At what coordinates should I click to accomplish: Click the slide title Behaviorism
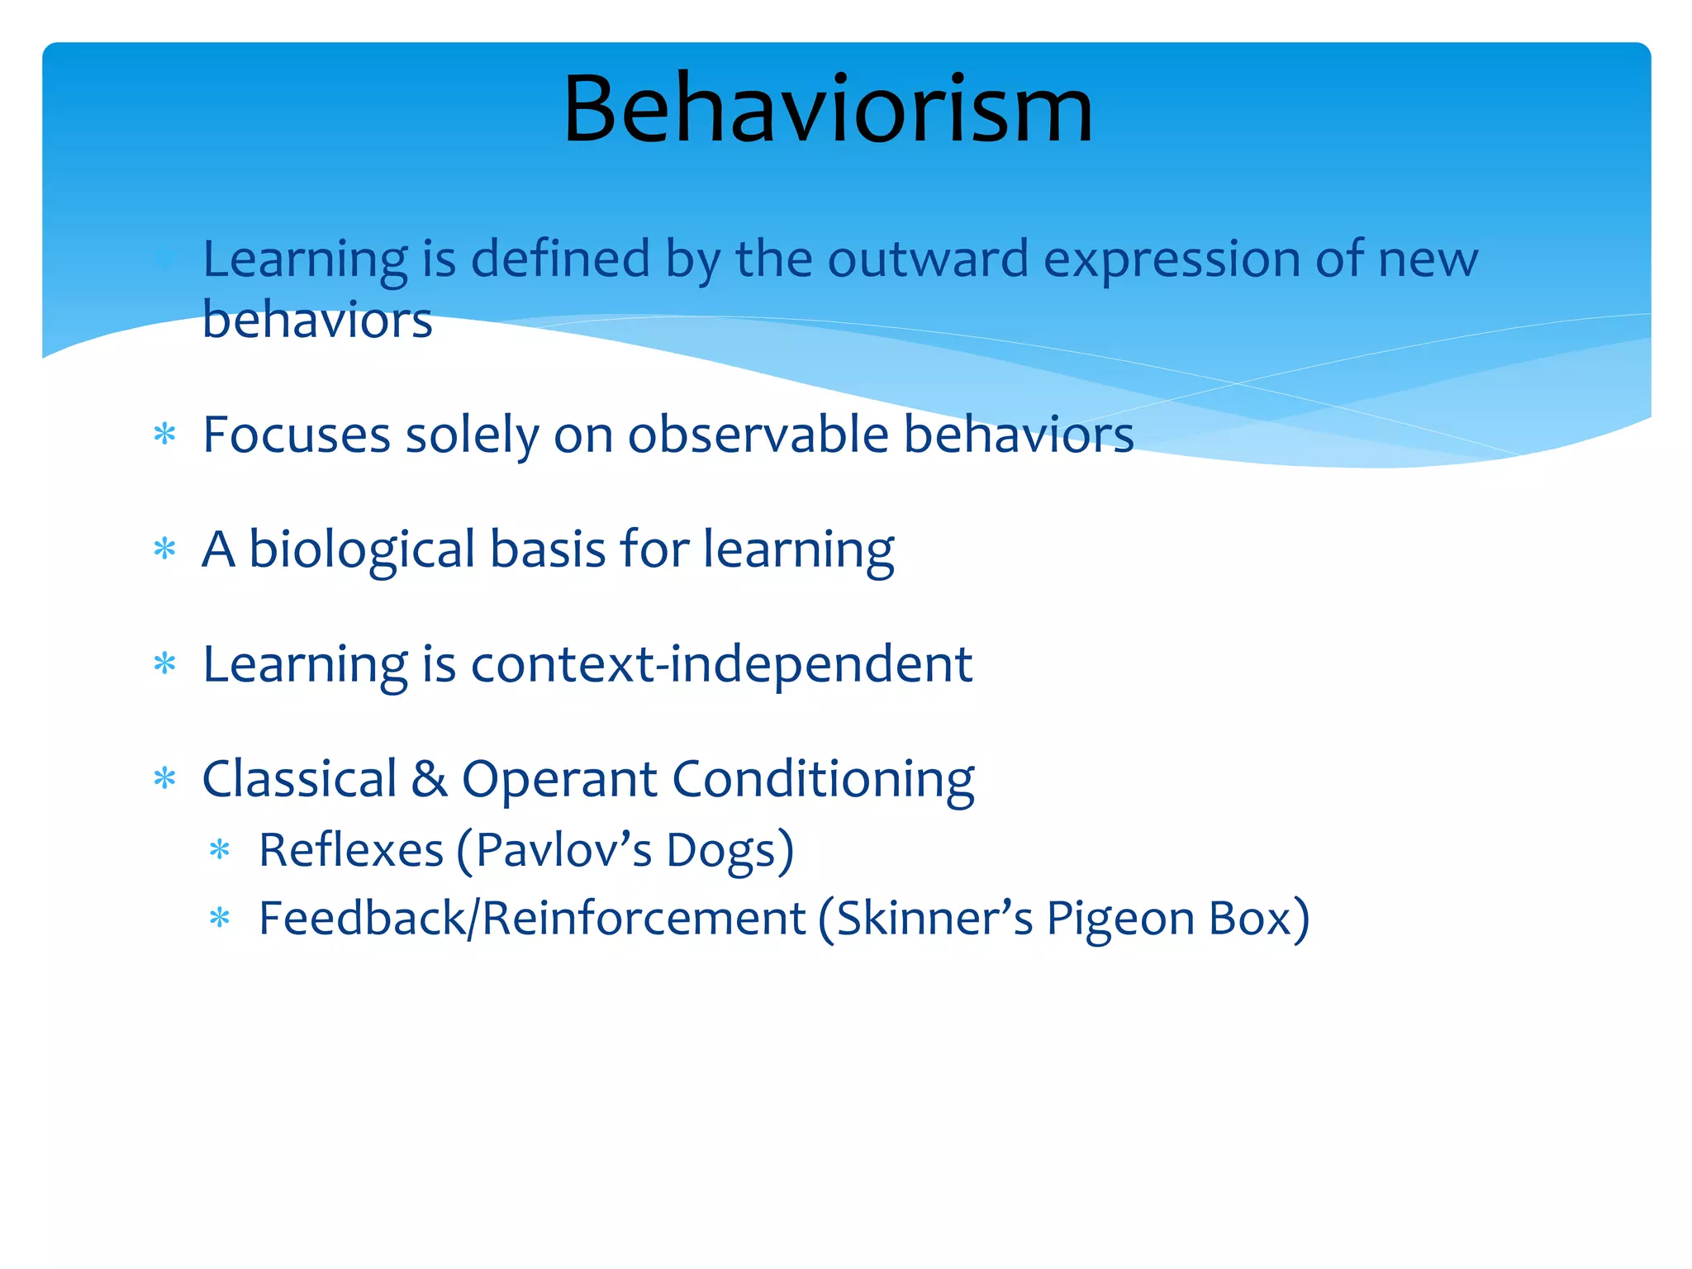click(828, 109)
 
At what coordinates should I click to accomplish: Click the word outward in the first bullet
click(928, 259)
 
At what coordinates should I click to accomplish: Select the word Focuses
click(296, 435)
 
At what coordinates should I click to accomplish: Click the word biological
click(362, 549)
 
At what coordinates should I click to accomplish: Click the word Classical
click(299, 779)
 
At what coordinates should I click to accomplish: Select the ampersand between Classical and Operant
click(430, 779)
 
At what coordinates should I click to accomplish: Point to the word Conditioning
click(823, 779)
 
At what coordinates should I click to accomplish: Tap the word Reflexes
click(351, 850)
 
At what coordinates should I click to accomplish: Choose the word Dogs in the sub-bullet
click(730, 850)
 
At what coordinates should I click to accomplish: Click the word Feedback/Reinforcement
click(532, 918)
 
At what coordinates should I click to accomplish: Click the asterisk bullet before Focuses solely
click(165, 434)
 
